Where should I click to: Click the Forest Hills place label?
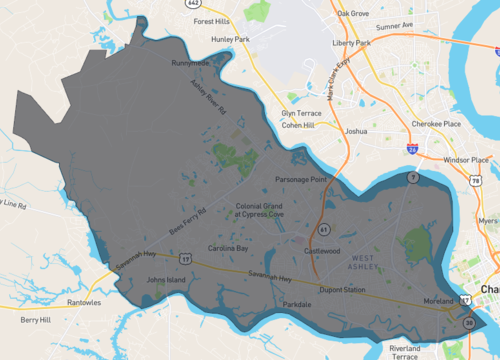(212, 20)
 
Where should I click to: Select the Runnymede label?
(190, 63)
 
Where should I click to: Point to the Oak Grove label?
(353, 13)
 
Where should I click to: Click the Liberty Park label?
(351, 43)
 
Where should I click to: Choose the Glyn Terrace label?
(302, 114)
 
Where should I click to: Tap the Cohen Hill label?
(298, 126)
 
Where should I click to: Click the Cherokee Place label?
(438, 123)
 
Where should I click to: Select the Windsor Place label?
(464, 159)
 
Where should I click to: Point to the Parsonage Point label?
(302, 179)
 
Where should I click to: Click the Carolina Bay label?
(227, 247)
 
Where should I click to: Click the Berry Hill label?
(36, 321)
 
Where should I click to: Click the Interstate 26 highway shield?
(413, 147)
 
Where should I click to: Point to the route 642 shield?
(192, 3)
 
